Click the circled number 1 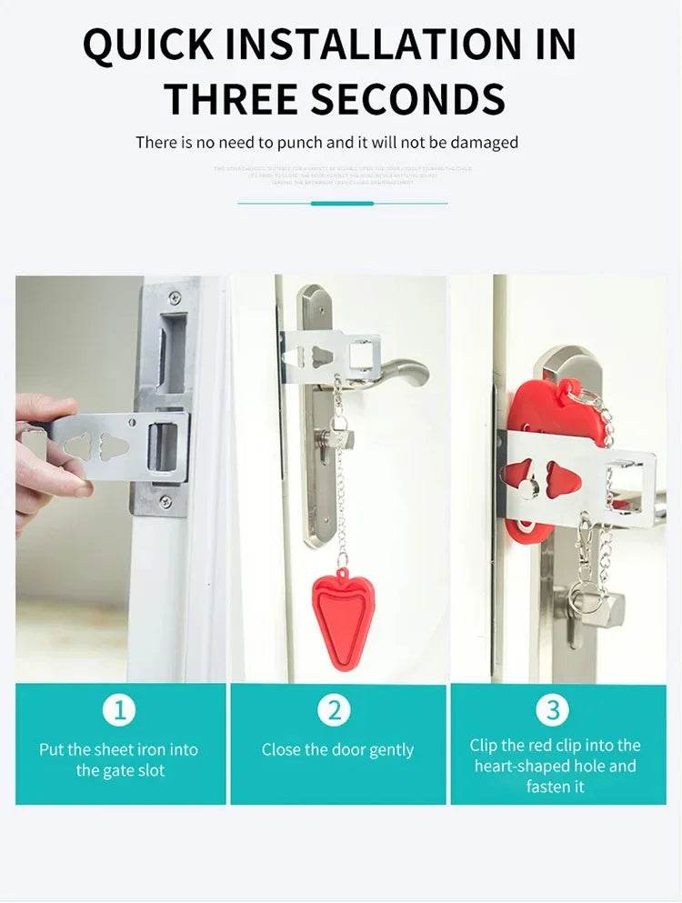[x=119, y=710]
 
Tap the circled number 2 [x=335, y=710]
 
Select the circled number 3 [x=553, y=710]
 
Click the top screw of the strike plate [x=175, y=297]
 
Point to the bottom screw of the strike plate [x=165, y=501]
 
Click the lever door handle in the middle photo [x=400, y=371]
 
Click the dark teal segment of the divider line [x=342, y=203]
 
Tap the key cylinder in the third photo [x=600, y=605]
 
